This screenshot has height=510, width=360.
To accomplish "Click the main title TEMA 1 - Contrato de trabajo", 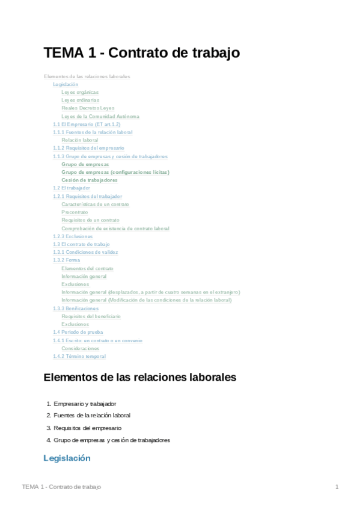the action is (142, 53).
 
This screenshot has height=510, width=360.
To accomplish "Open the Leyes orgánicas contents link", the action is (80, 93).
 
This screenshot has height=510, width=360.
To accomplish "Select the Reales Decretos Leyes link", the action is (88, 108).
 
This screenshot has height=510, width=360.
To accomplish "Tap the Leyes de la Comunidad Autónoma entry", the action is (100, 116).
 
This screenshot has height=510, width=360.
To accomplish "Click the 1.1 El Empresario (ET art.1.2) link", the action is (87, 124).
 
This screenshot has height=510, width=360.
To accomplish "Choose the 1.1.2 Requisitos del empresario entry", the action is (88, 148).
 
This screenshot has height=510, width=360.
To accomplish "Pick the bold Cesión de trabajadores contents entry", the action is (90, 180).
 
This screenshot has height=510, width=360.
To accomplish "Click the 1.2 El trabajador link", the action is (72, 188).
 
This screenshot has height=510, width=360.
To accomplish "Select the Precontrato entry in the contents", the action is (75, 212).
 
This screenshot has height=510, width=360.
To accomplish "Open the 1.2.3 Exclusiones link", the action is (73, 236).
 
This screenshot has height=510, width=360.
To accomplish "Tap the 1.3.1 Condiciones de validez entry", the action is (85, 253).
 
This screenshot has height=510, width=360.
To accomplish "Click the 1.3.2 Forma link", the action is (66, 260).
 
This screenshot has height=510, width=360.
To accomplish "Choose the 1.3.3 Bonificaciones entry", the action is (76, 309).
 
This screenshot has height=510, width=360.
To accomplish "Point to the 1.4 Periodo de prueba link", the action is (78, 332).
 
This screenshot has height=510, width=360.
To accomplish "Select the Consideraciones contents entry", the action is (81, 348).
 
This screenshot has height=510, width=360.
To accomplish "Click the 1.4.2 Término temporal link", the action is (79, 357).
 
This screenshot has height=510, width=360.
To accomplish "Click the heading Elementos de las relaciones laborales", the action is (140, 378).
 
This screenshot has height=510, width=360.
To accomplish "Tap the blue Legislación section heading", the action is (67, 458).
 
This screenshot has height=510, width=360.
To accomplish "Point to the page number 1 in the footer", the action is (337, 487).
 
